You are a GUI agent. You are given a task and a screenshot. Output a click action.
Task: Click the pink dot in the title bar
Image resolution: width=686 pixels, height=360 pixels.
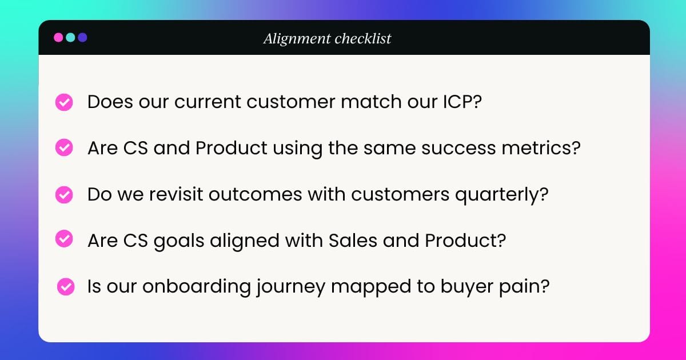[58, 38]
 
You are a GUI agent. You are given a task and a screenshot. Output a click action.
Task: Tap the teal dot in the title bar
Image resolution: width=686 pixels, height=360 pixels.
[70, 38]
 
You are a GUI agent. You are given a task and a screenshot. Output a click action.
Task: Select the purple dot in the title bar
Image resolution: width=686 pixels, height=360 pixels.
[82, 38]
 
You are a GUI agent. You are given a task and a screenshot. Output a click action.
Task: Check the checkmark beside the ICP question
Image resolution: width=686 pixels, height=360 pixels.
[63, 103]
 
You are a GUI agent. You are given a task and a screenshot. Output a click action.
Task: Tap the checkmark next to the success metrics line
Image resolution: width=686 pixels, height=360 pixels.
[63, 149]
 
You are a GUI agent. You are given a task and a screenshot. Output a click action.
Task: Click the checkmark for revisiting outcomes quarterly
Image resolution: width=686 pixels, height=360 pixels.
[63, 195]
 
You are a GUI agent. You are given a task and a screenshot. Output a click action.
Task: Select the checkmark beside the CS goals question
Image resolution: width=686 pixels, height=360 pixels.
[63, 239]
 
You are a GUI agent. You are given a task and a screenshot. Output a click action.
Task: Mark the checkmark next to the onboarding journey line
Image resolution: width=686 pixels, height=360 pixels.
[66, 286]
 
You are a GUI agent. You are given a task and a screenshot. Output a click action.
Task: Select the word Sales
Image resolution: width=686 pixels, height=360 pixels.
[350, 240]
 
